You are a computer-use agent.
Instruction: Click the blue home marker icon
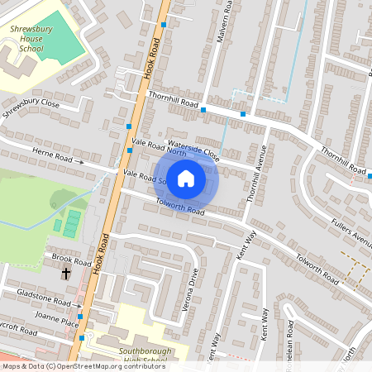click(186, 178)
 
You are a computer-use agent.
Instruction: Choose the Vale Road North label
click(160, 146)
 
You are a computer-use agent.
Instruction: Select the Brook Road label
click(64, 258)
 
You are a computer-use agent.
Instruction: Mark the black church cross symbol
click(66, 272)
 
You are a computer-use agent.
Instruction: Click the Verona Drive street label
click(194, 286)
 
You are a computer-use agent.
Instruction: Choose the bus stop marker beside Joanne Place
click(80, 315)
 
